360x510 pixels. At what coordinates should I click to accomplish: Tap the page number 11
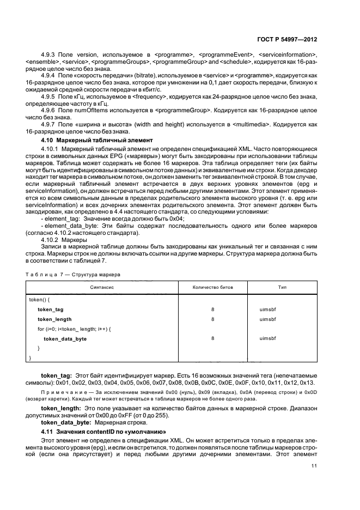[x=314, y=466]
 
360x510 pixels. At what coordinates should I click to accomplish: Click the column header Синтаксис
[x=102, y=287]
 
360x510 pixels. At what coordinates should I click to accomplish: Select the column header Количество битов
[x=212, y=287]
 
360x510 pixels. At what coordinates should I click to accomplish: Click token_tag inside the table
[x=51, y=309]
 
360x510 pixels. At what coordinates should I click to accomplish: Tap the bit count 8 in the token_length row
[x=212, y=319]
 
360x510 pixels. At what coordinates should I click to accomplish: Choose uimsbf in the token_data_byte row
[x=268, y=338]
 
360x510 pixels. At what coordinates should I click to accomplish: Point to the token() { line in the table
[x=40, y=299]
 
